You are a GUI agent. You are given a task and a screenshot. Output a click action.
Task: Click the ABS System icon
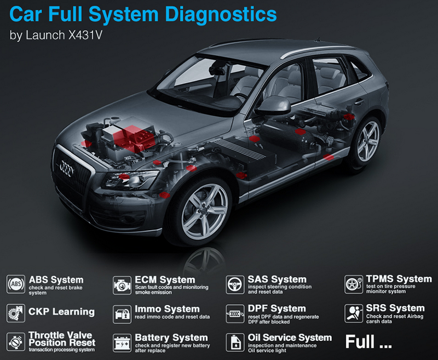coord(16,284)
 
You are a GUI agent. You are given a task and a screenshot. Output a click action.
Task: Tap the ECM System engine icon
coord(122,285)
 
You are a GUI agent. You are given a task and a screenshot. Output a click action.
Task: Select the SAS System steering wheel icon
coord(235,285)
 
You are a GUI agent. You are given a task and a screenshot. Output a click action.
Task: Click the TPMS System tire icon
coord(354,284)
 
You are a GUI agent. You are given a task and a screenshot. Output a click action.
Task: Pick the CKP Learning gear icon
coord(16,313)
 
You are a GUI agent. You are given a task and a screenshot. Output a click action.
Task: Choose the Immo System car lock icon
coord(122,314)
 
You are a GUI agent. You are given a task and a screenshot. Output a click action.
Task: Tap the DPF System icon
coord(235,313)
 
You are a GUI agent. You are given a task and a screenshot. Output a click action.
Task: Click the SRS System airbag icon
coord(354,313)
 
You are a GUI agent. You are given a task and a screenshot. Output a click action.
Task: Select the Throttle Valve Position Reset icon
coord(16,341)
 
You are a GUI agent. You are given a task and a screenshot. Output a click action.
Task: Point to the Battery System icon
coord(122,343)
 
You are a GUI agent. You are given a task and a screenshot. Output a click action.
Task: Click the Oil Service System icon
coord(235,342)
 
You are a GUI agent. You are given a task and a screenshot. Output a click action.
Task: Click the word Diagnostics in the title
coord(221,15)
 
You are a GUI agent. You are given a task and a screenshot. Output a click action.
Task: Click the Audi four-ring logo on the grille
coord(66,168)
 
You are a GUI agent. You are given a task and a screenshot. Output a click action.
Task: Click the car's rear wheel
coord(366,142)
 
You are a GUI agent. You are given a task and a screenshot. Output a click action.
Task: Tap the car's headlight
coord(130,179)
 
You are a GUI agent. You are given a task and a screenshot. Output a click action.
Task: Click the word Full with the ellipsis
coord(368,341)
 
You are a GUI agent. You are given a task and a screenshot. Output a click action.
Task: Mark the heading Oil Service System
coord(290,338)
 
